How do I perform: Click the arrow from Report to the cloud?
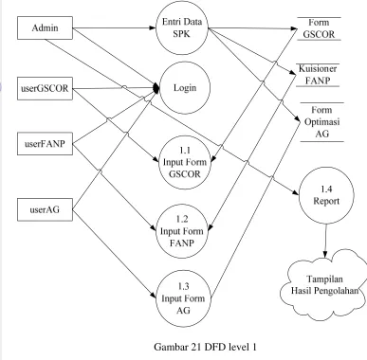click(x=325, y=241)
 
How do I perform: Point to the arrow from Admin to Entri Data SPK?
click(x=114, y=28)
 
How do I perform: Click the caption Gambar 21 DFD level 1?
click(x=205, y=347)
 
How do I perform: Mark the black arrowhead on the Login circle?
click(x=156, y=88)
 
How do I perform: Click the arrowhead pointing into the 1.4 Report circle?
click(x=296, y=192)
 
